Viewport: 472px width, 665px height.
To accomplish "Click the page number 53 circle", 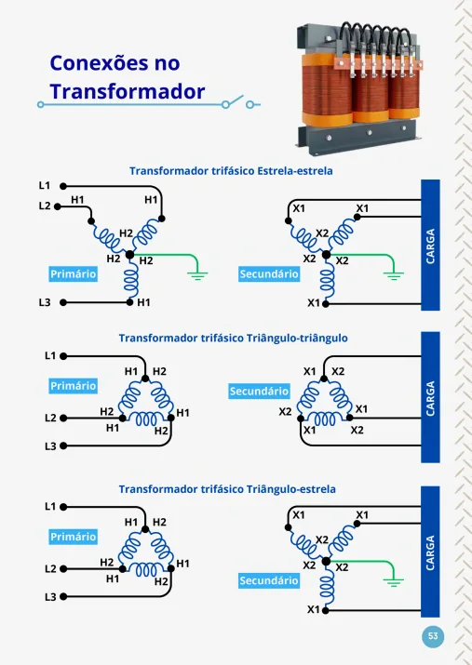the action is pyautogui.click(x=433, y=636).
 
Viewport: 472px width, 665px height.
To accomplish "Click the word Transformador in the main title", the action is pyautogui.click(x=128, y=91).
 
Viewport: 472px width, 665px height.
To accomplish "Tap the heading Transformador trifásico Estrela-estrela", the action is pyautogui.click(x=231, y=171).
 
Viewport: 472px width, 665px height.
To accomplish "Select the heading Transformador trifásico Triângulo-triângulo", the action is pyautogui.click(x=233, y=338).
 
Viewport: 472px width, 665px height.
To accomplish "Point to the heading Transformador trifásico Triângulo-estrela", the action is pyautogui.click(x=227, y=489).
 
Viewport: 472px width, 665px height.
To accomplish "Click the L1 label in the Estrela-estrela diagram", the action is pyautogui.click(x=45, y=185).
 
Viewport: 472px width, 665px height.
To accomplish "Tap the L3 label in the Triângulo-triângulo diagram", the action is pyautogui.click(x=50, y=446).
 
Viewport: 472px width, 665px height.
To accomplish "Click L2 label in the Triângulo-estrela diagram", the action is pyautogui.click(x=50, y=568).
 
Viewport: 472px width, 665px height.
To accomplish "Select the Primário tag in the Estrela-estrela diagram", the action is pyautogui.click(x=73, y=274).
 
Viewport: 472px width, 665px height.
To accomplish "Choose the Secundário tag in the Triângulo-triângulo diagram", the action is pyautogui.click(x=259, y=391).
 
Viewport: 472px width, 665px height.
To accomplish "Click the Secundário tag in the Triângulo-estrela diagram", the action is pyautogui.click(x=269, y=580).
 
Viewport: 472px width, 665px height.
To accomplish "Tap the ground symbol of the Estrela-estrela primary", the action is pyautogui.click(x=197, y=275).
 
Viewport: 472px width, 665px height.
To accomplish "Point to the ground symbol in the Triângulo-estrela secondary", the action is pyautogui.click(x=394, y=582).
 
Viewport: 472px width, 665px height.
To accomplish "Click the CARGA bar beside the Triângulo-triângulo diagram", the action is pyautogui.click(x=430, y=397).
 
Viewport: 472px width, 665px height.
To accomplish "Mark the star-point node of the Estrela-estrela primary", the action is pyautogui.click(x=130, y=255).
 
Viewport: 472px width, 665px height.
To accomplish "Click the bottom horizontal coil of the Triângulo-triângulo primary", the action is pyautogui.click(x=146, y=419).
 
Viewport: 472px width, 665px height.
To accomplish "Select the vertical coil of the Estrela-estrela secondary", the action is pyautogui.click(x=327, y=279).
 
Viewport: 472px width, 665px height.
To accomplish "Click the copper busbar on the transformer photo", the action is pyautogui.click(x=379, y=63).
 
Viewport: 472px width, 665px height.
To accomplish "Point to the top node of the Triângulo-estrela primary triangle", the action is pyautogui.click(x=145, y=529).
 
